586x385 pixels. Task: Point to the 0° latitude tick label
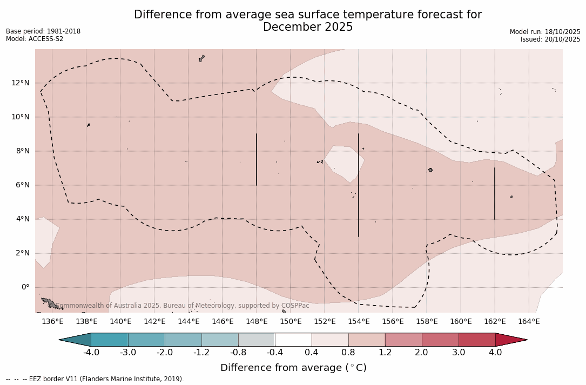(x=25, y=287)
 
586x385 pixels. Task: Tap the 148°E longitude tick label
(x=257, y=322)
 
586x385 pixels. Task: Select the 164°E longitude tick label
(x=529, y=322)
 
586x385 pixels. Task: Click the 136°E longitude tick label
(x=52, y=322)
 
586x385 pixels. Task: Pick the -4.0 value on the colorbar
(x=91, y=353)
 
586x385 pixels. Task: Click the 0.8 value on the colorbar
(x=348, y=353)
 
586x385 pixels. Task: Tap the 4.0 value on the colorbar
(x=495, y=353)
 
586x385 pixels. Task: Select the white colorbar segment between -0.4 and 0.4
(x=293, y=340)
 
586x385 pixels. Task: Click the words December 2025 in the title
(x=308, y=27)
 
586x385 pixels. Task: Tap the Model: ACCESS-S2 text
(x=35, y=39)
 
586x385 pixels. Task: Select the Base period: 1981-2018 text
(x=43, y=31)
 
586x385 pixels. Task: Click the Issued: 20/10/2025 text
(x=550, y=39)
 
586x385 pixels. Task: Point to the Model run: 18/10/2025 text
(x=545, y=32)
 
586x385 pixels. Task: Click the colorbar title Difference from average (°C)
(x=293, y=368)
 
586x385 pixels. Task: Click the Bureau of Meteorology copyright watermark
(x=183, y=306)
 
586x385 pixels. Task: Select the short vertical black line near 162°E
(x=495, y=193)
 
